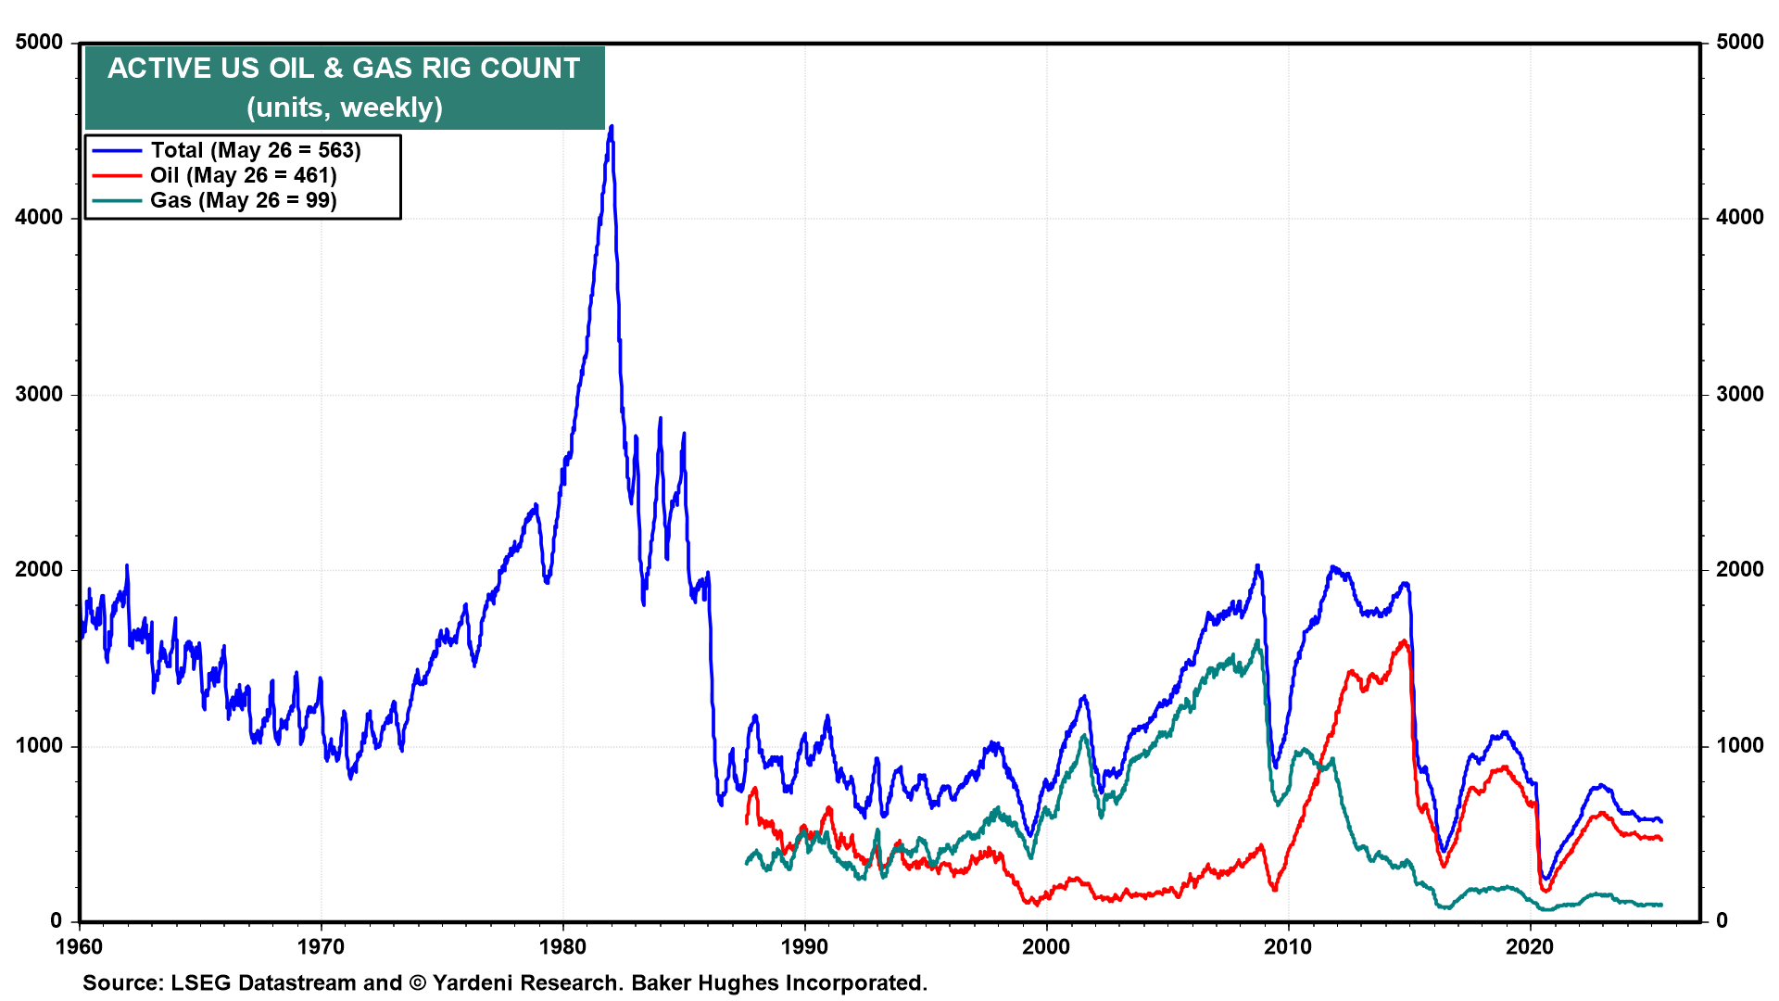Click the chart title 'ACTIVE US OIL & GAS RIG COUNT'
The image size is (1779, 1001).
coord(344,69)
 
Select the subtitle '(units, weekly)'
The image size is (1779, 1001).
coord(344,108)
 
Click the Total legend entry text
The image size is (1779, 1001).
coord(256,150)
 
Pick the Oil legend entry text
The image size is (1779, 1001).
coord(244,175)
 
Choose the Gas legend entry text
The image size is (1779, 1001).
coord(244,200)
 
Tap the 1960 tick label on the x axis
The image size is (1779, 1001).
coord(80,946)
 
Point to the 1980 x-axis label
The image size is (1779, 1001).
coord(562,946)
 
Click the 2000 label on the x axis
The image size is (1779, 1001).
coord(1046,946)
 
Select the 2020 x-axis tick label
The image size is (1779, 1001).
coord(1529,946)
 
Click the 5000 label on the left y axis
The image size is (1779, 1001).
coord(39,43)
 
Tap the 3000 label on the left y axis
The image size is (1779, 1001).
coord(39,394)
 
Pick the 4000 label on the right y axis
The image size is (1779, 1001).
coord(1739,218)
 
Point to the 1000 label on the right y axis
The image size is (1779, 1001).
coord(1739,746)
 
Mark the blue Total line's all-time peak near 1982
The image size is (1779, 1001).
coord(612,127)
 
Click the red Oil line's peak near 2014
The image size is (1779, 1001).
coord(1405,640)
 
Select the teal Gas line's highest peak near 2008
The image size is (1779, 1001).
coord(1257,640)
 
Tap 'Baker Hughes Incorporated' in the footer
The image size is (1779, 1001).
coord(778,982)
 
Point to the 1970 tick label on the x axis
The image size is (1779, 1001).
coord(321,946)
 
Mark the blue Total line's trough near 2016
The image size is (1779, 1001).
coord(1444,850)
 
